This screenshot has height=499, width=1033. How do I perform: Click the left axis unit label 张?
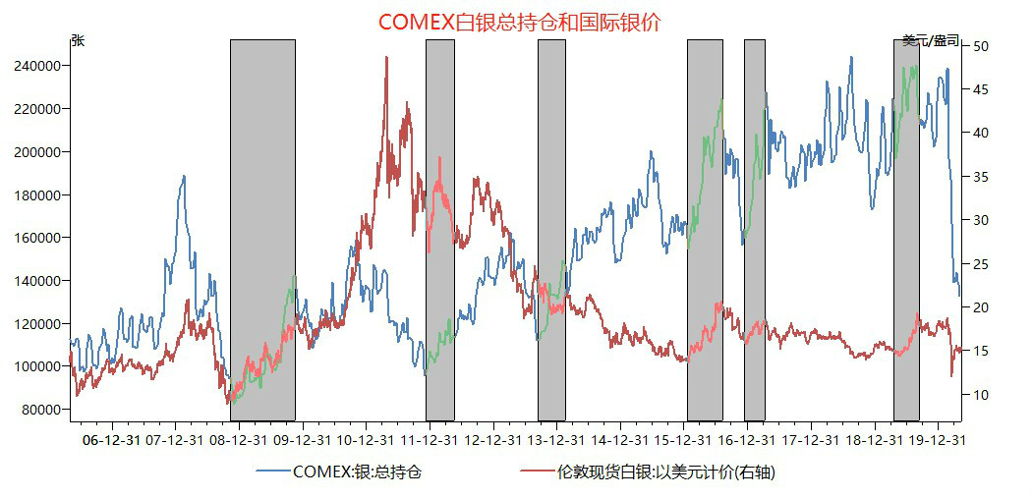coord(78,40)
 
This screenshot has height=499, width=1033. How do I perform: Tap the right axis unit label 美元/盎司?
coord(931,40)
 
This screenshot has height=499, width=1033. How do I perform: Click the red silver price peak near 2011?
coord(386,58)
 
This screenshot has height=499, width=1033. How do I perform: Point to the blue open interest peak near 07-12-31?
coord(184,177)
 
